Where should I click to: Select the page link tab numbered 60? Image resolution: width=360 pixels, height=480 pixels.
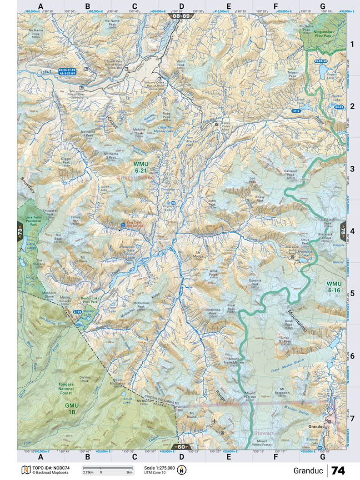click(181, 446)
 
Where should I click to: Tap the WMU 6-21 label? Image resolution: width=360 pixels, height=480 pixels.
click(142, 166)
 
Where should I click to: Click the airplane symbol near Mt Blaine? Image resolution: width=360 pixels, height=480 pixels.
click(214, 421)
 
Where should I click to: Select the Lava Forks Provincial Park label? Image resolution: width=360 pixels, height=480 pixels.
click(29, 220)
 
